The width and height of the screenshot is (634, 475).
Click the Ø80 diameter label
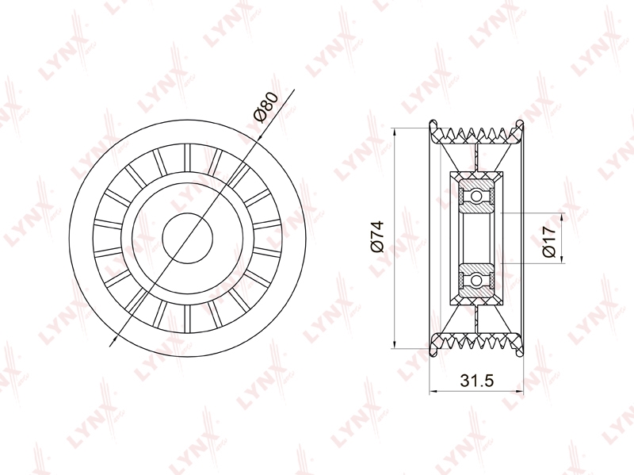pyautogui.click(x=266, y=107)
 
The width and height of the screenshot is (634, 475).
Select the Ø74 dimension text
pyautogui.click(x=377, y=236)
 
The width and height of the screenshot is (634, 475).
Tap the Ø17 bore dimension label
pyautogui.click(x=549, y=242)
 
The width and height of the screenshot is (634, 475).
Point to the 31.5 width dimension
pyautogui.click(x=477, y=381)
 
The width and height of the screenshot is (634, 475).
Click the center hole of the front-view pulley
pyautogui.click(x=188, y=238)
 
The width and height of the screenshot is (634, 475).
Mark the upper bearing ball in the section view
pyautogui.click(x=477, y=196)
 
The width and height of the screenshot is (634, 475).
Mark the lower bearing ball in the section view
pyautogui.click(x=477, y=280)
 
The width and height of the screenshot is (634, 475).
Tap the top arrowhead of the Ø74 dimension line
pyautogui.click(x=393, y=132)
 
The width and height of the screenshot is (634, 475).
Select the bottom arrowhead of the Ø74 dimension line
pyautogui.click(x=393, y=344)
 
